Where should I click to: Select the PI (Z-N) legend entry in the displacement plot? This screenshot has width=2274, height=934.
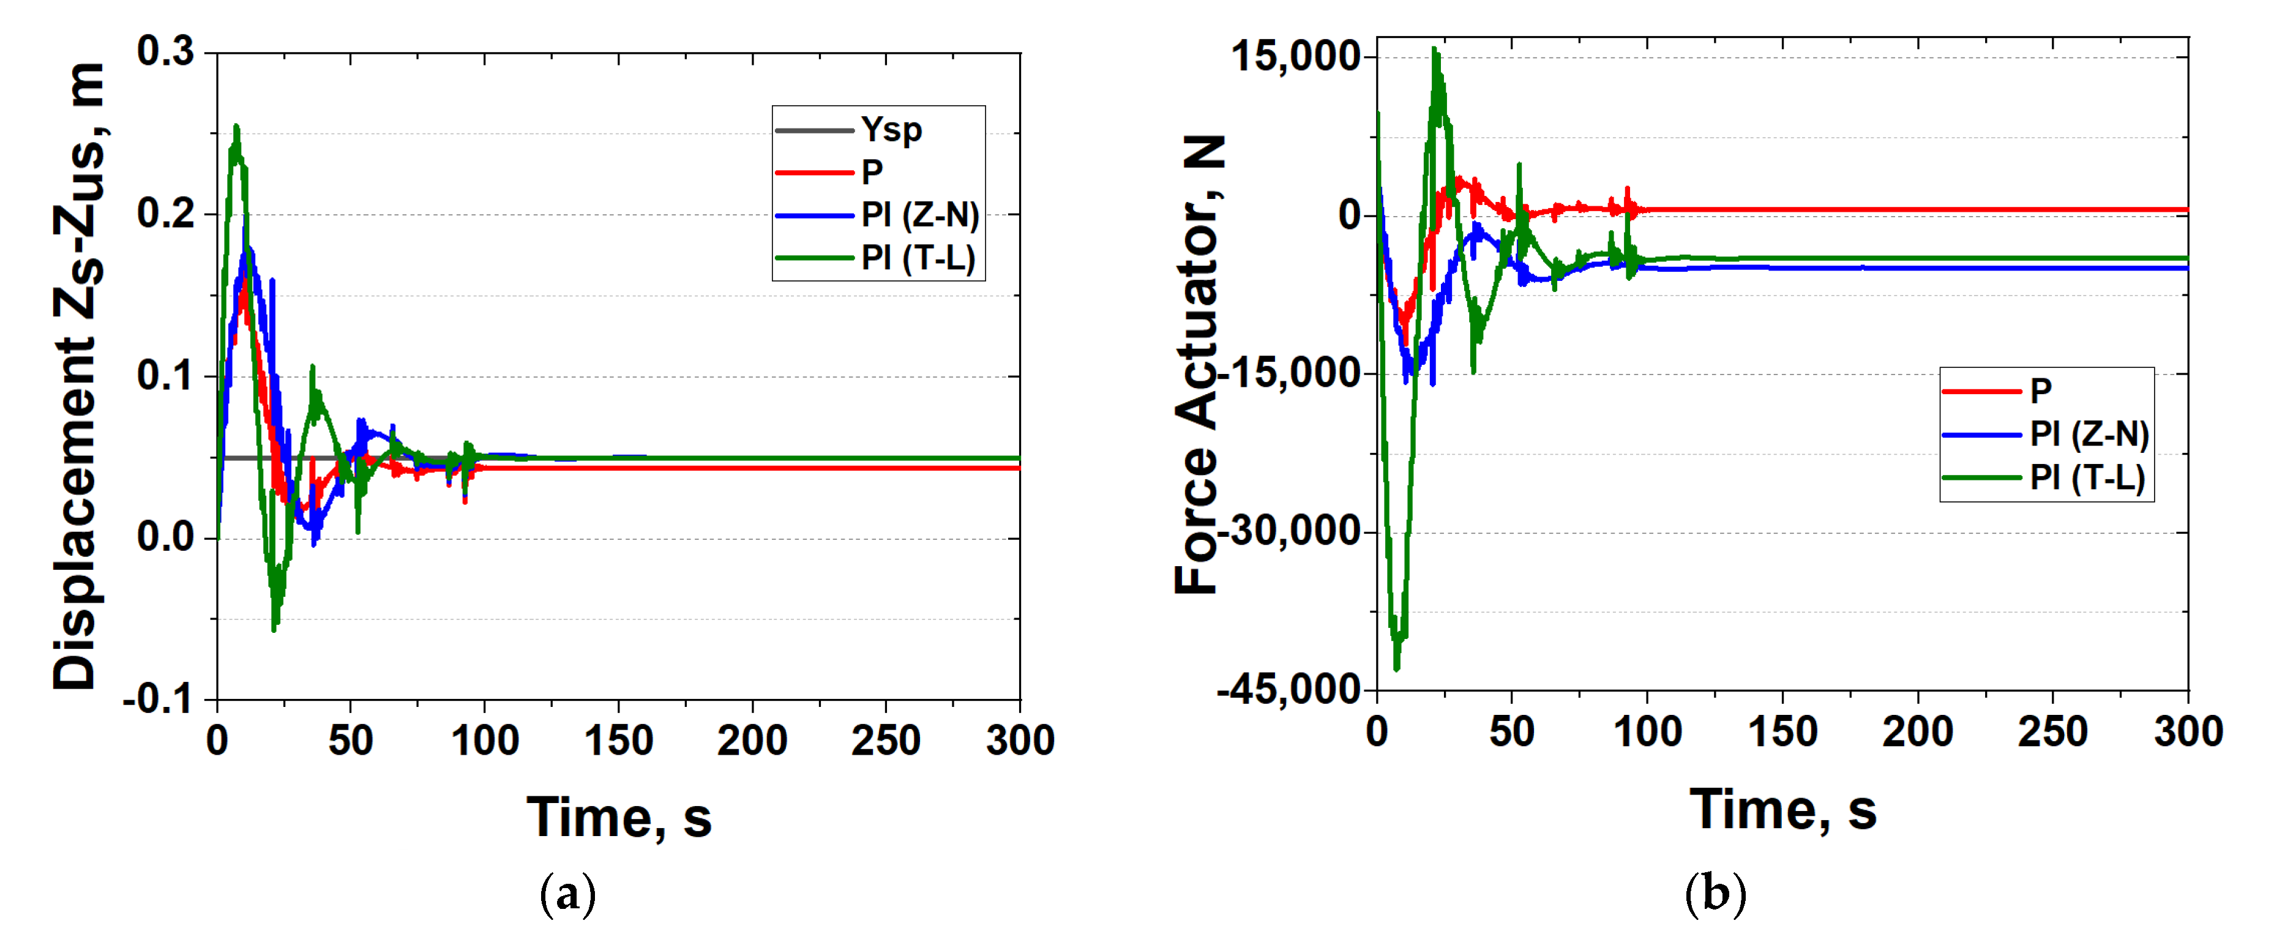919,214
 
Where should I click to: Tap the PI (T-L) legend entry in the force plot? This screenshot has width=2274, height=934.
2087,477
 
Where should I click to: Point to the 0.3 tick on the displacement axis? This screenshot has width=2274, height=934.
166,52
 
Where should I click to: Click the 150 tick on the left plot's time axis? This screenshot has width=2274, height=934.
618,740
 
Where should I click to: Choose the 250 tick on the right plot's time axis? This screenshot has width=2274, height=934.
2052,731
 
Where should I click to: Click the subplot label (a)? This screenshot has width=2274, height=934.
567,894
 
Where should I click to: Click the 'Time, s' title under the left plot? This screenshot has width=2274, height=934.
619,818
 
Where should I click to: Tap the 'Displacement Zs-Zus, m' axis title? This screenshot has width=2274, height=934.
78,375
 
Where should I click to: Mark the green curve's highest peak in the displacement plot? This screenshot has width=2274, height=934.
236,128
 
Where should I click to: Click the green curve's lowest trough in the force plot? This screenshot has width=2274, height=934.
1396,667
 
